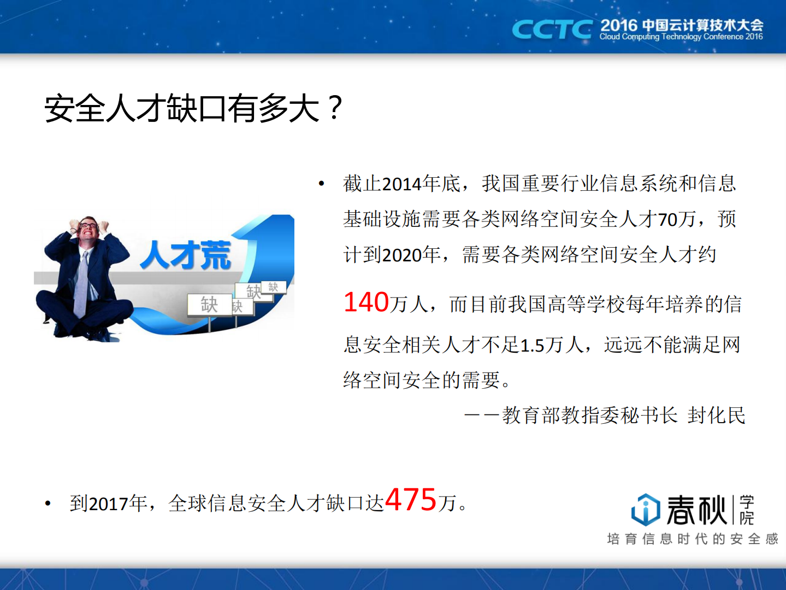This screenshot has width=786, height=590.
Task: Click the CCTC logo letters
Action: tap(551, 30)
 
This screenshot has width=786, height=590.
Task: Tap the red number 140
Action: tap(366, 302)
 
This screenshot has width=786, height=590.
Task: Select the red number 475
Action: tap(411, 499)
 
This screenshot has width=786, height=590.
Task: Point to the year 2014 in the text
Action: tap(401, 184)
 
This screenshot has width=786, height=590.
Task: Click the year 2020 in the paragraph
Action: tap(401, 255)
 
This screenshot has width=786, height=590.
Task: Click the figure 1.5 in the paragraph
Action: tap(532, 346)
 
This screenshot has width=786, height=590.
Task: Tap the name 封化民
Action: tap(716, 416)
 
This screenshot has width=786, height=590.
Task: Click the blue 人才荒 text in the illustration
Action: tap(186, 255)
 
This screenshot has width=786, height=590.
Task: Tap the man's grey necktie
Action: tap(81, 284)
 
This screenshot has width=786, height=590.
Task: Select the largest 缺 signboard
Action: tap(209, 305)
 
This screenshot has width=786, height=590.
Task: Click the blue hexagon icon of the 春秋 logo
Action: tap(645, 510)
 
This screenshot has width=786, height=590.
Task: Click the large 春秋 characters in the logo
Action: tap(696, 510)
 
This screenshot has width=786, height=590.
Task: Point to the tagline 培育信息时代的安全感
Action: tap(692, 539)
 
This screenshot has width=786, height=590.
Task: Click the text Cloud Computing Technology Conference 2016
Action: tap(681, 37)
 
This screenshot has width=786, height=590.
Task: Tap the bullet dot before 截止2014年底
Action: tap(322, 184)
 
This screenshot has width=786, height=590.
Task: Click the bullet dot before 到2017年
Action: tap(48, 504)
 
